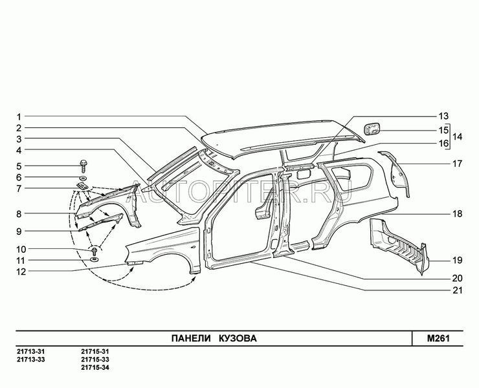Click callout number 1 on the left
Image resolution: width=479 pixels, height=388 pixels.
(x=19, y=117)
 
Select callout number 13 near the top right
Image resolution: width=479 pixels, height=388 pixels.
(x=443, y=116)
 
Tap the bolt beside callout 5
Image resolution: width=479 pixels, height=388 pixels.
(x=83, y=166)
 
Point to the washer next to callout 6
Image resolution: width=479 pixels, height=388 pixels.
(x=83, y=178)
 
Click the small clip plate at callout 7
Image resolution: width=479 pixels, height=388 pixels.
(x=82, y=186)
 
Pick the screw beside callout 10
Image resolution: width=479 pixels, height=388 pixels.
(x=95, y=252)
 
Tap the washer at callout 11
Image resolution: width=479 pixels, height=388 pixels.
(x=95, y=260)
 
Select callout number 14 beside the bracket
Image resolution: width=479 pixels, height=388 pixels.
(x=457, y=136)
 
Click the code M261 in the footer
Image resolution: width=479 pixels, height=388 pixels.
(x=438, y=338)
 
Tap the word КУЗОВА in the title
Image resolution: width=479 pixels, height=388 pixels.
(x=238, y=338)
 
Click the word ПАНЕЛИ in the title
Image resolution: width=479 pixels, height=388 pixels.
(x=191, y=338)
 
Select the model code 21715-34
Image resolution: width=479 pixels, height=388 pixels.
(x=95, y=367)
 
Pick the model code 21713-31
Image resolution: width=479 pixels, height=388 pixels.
(x=31, y=352)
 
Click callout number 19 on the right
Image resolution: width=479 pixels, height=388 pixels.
(x=457, y=261)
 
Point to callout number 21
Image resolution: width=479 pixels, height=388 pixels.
(x=457, y=290)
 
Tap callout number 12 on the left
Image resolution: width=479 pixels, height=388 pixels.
(x=21, y=272)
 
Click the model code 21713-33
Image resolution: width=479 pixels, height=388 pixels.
(x=31, y=360)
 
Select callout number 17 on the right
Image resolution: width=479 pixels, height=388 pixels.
(x=457, y=164)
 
